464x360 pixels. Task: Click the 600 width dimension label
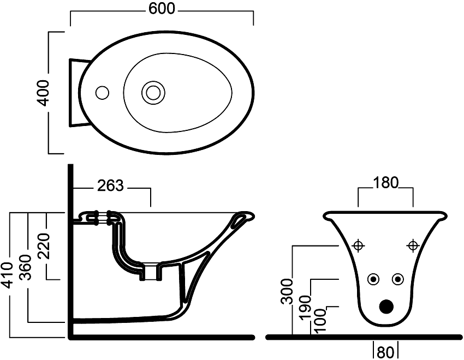pos(162,9)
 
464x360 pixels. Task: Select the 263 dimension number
pos(111,187)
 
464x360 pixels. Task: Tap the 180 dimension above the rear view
pos(386,182)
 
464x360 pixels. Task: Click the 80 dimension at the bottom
pos(385,352)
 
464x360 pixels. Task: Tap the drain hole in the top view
pos(153,92)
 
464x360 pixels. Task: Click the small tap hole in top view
pos(101,92)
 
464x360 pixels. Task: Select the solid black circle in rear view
pos(386,307)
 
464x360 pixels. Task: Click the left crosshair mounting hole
pos(359,245)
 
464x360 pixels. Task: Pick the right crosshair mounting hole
pos(413,245)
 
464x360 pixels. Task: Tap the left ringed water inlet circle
pos(373,279)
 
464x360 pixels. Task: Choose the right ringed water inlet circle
pos(398,279)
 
